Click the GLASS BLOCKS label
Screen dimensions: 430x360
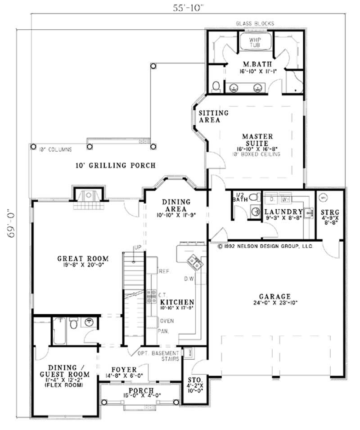(x=255, y=23)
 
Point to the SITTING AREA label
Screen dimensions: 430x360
(x=213, y=116)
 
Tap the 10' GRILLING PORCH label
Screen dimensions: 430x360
(x=116, y=166)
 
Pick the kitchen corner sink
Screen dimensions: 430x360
(x=193, y=260)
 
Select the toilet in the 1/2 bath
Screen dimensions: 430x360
(x=254, y=197)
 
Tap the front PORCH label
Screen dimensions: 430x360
(x=141, y=390)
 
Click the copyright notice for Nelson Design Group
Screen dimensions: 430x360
(x=265, y=247)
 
